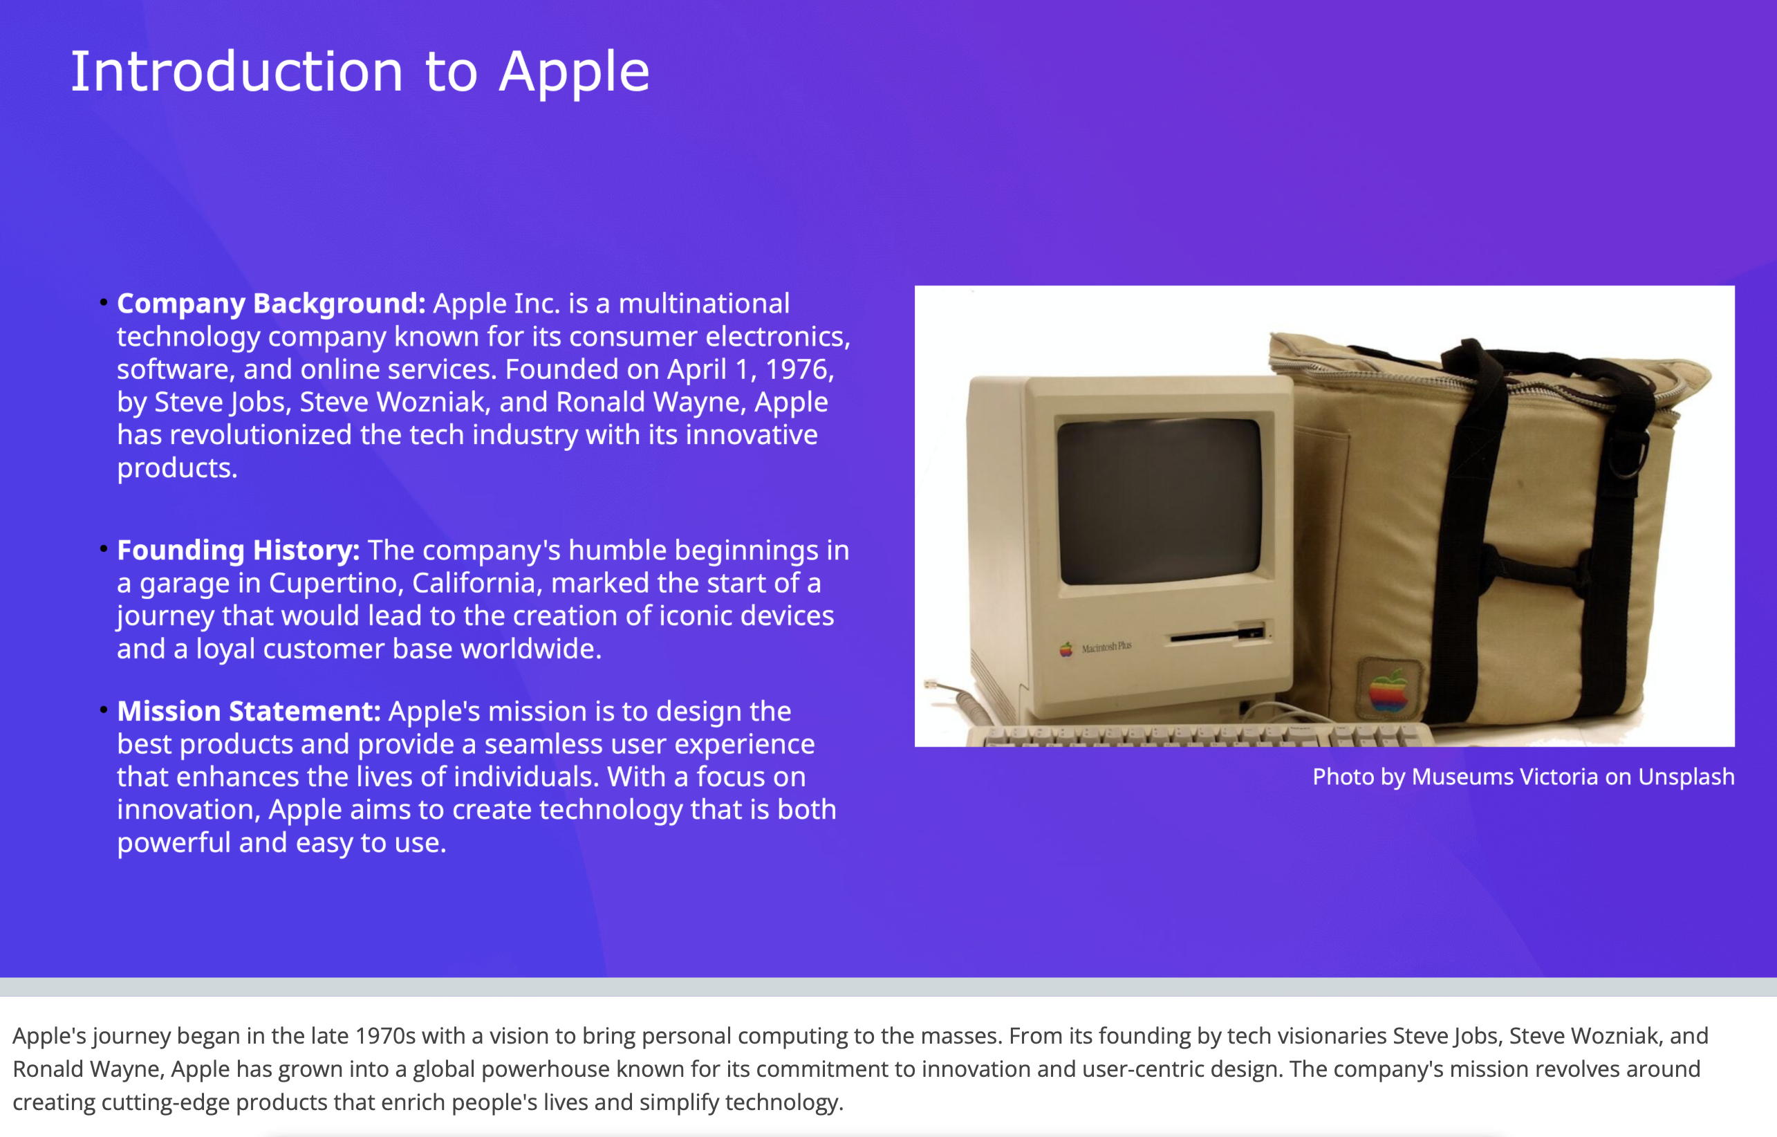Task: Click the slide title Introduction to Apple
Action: (360, 72)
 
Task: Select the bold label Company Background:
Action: (271, 304)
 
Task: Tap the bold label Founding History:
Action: (239, 550)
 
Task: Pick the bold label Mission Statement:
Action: (249, 711)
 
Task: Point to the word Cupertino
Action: (334, 583)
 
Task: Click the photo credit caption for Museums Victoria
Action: (1523, 777)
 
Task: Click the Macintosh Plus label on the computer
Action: (1106, 647)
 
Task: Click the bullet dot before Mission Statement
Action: (103, 710)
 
